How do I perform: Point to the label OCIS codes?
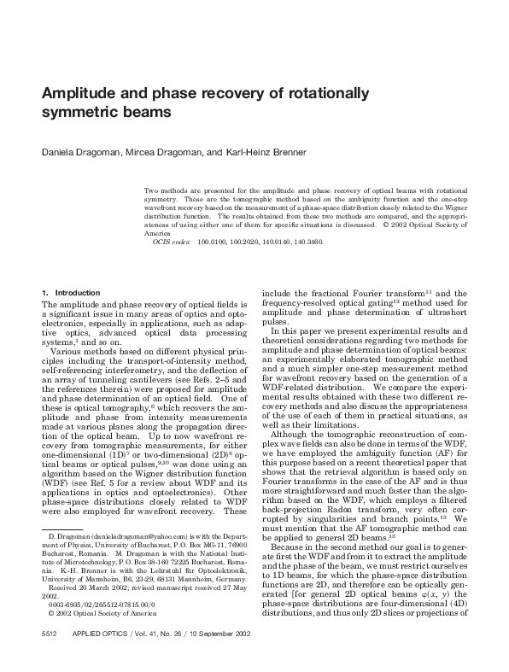[x=171, y=242]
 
